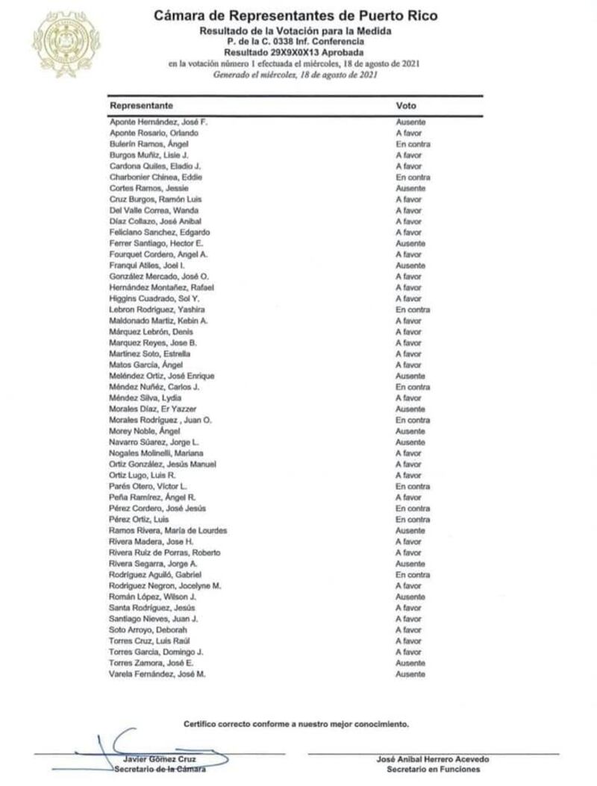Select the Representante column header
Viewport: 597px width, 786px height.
point(141,106)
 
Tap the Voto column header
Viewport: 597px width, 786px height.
point(406,106)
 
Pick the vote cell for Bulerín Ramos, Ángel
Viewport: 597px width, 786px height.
point(413,143)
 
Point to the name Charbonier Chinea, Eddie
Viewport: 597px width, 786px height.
point(156,177)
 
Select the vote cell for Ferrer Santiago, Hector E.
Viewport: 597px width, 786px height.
point(410,243)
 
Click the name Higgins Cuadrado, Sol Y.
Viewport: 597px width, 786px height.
point(151,298)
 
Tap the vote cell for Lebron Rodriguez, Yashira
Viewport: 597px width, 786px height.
point(413,309)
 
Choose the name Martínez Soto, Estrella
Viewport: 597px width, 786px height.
point(150,353)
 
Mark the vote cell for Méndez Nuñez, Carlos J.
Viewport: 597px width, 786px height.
point(413,388)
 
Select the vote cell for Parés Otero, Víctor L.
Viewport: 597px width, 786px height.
point(413,486)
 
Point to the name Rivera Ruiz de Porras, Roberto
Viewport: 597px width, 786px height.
point(165,553)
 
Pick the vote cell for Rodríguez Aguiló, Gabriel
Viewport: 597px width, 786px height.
point(413,575)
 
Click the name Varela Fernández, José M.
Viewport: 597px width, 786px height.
point(157,674)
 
